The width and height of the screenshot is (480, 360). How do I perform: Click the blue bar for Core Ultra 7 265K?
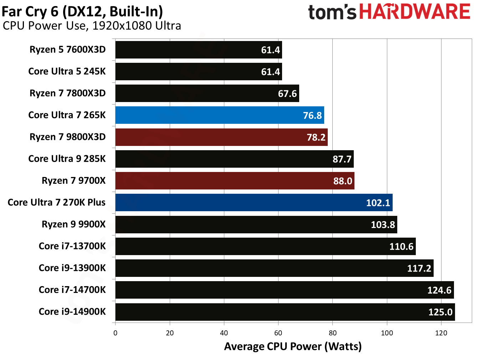(x=219, y=115)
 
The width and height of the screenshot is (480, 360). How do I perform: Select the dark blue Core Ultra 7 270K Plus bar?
(x=254, y=203)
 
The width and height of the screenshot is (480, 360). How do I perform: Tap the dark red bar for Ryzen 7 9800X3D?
(x=221, y=137)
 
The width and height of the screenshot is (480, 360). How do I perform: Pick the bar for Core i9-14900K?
(x=285, y=312)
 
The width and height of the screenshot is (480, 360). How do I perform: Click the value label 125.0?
(x=440, y=312)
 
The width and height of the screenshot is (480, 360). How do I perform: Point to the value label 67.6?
(x=287, y=94)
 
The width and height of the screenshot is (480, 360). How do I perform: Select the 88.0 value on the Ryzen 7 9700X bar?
(x=342, y=181)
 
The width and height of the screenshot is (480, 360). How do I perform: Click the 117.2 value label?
(x=419, y=268)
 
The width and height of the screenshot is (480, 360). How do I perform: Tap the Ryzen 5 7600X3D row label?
(x=67, y=50)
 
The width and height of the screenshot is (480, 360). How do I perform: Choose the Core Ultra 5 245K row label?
(x=67, y=71)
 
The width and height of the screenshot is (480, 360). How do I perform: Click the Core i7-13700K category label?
(x=72, y=246)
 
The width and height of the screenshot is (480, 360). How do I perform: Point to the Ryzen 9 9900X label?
(x=73, y=224)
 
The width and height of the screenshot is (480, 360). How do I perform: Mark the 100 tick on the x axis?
(x=387, y=333)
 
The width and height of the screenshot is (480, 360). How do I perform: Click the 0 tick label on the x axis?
(x=115, y=333)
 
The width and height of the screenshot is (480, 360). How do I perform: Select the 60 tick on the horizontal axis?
(x=278, y=333)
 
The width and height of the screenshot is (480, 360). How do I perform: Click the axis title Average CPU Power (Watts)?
(x=293, y=346)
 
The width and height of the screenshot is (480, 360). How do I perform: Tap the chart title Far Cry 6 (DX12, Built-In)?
(x=82, y=11)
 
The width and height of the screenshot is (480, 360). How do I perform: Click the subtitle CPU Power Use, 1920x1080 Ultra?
(x=92, y=26)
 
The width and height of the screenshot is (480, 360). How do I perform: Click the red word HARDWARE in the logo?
(x=414, y=12)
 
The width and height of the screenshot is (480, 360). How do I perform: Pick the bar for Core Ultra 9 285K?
(x=234, y=159)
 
